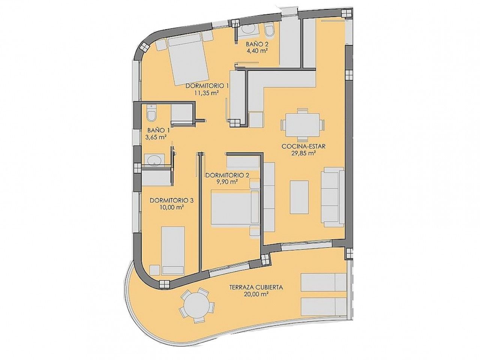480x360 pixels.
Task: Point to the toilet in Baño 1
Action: [x=151, y=113]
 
